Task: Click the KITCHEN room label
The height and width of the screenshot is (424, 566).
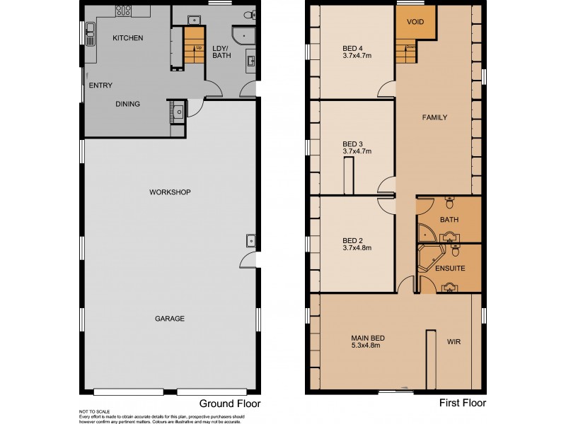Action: pyautogui.click(x=128, y=37)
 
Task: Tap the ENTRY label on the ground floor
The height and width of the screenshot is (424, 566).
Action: pyautogui.click(x=100, y=86)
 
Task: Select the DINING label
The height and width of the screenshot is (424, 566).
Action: pyautogui.click(x=127, y=104)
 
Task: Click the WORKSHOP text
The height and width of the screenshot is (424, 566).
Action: pyautogui.click(x=170, y=192)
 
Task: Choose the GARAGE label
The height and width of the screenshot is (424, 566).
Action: pyautogui.click(x=170, y=319)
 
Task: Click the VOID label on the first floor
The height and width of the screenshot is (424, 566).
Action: pyautogui.click(x=415, y=23)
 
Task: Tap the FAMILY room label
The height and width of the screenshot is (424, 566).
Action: pyautogui.click(x=434, y=117)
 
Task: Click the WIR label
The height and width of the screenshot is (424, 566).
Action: pyautogui.click(x=454, y=341)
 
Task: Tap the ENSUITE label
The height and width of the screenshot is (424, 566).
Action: pyautogui.click(x=451, y=269)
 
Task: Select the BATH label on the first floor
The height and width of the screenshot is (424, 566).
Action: pyautogui.click(x=449, y=220)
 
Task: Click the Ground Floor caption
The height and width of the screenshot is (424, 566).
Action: pyautogui.click(x=229, y=404)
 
